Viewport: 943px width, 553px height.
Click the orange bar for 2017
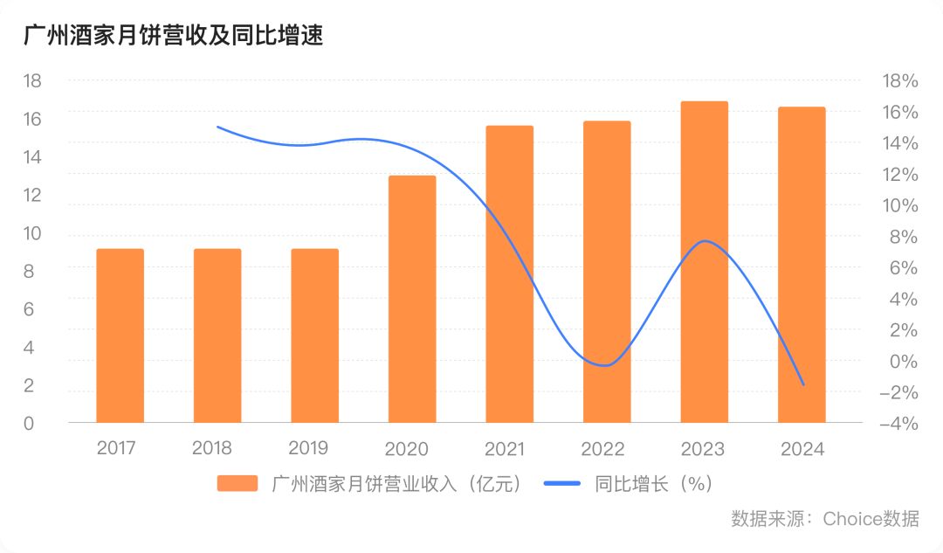tap(120, 336)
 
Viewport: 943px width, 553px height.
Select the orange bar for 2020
tap(412, 300)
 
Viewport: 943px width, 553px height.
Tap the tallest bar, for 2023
tap(705, 262)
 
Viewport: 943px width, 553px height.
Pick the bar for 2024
tap(802, 265)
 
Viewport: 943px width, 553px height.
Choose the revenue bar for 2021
tap(510, 274)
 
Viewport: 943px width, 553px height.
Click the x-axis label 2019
tap(308, 449)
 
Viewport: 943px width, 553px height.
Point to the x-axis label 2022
tap(602, 449)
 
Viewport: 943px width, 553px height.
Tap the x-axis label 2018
tap(212, 449)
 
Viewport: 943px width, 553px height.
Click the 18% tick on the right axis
tap(900, 81)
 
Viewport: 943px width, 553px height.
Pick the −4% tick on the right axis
tap(898, 424)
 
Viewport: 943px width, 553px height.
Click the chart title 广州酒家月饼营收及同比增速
tap(172, 36)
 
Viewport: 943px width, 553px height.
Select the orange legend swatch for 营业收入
tap(237, 483)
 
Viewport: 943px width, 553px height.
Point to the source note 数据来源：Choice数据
tap(824, 518)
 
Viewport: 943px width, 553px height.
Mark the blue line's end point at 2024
tap(803, 384)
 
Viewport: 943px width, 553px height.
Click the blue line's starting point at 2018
tap(217, 127)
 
